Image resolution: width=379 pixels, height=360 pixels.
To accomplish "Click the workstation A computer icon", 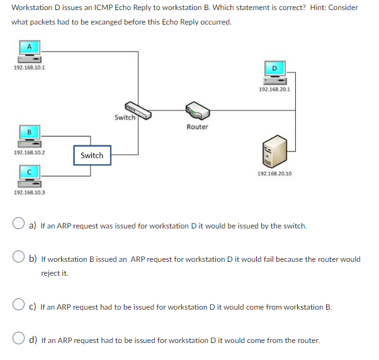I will pos(28,52).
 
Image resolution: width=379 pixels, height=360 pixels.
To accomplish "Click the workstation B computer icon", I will pos(28,137).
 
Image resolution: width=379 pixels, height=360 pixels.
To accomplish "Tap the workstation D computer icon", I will pos(274,72).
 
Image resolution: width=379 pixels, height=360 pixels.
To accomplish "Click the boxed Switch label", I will pos(91,155).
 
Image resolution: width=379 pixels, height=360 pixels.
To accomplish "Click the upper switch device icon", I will pos(137,110).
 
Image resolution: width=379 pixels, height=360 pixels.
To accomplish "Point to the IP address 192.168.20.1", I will pos(274,89).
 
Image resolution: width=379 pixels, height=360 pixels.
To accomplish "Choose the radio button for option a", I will pos(20,225).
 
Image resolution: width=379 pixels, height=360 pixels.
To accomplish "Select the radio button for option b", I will pos(20,259).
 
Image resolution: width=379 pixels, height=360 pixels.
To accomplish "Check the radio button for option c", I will pos(20,307).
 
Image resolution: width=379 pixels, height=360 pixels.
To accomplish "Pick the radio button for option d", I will pos(20,340).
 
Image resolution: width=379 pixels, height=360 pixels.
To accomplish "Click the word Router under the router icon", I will pos(197,127).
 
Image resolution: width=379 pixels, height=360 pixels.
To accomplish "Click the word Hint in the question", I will pos(292,8).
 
